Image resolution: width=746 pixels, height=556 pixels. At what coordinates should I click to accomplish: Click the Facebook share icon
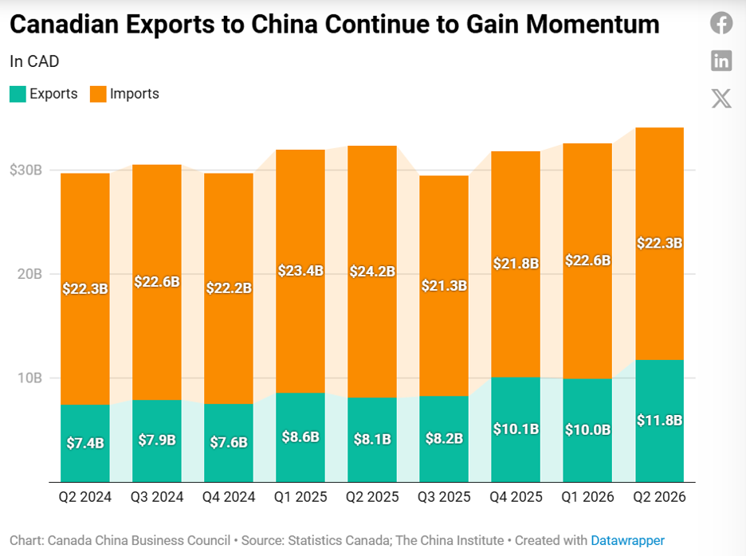721,23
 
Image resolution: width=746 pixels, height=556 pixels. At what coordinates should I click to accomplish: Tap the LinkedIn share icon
721,61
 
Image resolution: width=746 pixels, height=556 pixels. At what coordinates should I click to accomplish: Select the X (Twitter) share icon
721,99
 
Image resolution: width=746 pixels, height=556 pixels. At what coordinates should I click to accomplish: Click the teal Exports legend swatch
18,94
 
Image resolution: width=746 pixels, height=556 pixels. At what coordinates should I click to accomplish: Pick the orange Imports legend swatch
98,94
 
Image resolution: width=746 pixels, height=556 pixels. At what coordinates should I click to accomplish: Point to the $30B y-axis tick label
26,170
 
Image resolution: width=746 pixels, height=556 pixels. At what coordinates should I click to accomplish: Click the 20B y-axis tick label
29,274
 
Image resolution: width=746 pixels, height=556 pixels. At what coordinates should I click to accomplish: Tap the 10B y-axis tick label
29,378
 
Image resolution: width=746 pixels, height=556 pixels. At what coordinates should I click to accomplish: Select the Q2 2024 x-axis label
85,497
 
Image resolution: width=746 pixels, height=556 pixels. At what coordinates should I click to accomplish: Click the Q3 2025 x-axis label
444,497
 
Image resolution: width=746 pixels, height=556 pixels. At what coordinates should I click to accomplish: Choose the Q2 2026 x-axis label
659,497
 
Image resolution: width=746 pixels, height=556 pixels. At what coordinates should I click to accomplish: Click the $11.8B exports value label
659,421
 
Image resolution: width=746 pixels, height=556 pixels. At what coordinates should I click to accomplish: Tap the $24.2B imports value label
372,272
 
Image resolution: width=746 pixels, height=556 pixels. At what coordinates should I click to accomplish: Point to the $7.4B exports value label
85,443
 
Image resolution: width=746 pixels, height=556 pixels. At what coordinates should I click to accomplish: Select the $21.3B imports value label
444,286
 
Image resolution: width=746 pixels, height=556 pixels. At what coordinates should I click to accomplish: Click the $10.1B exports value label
516,429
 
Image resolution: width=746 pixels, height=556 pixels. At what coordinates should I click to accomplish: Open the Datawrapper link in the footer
627,541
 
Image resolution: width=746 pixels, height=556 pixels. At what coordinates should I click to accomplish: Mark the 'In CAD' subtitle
34,61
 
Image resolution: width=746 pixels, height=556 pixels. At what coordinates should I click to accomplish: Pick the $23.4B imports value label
300,271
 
